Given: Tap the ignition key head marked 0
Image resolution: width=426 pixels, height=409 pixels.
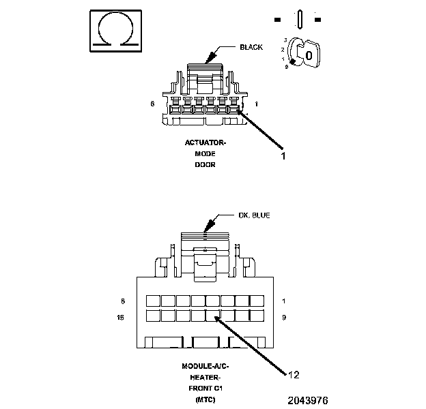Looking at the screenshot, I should [309, 54].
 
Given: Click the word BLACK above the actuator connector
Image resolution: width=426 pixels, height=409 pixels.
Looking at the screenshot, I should [251, 48].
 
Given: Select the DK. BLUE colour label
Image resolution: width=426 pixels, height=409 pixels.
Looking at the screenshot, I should [253, 215].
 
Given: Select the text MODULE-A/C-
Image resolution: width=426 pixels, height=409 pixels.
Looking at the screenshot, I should [205, 366].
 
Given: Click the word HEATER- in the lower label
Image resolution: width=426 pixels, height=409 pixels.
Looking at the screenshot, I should [205, 377].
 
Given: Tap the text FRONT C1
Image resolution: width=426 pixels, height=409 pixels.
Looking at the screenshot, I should [205, 387].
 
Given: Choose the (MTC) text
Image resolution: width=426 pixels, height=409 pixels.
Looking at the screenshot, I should [205, 398].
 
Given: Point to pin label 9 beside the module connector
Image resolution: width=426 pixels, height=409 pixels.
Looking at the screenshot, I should [283, 317].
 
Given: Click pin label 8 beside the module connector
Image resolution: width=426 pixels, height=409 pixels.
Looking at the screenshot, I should [123, 301].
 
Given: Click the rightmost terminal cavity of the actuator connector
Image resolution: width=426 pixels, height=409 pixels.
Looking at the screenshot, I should [234, 108].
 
